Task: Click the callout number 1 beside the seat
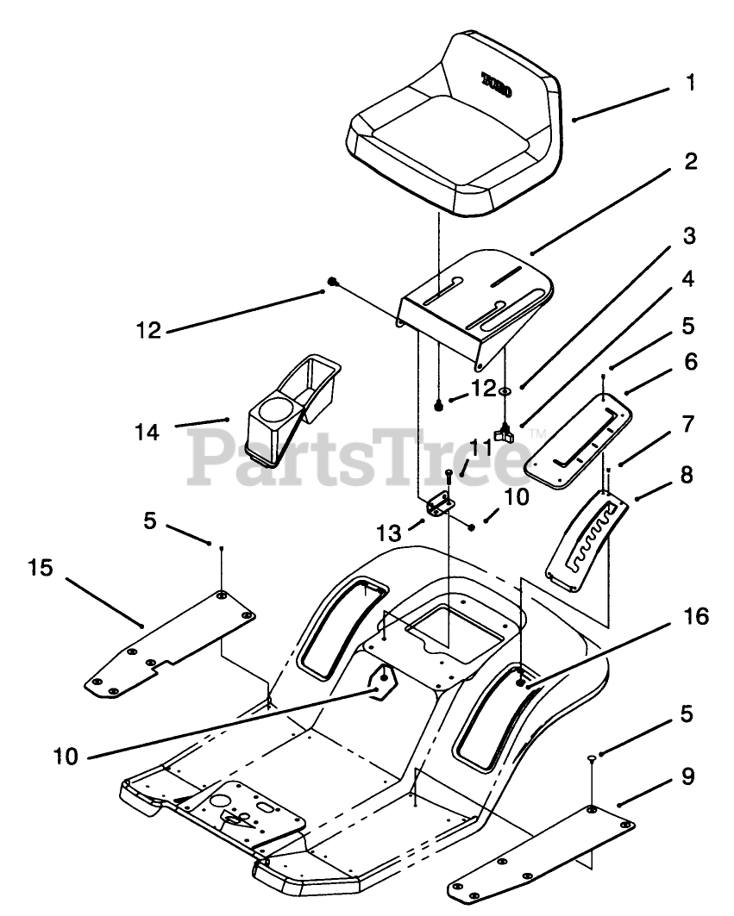point(690,84)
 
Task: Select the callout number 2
point(690,161)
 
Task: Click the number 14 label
point(147,432)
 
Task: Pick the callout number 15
point(40,568)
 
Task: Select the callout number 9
point(687,776)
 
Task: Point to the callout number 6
point(689,363)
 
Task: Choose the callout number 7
point(688,423)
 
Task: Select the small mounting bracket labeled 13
point(440,503)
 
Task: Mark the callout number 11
point(481,446)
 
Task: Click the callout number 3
point(689,235)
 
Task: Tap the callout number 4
point(689,280)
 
